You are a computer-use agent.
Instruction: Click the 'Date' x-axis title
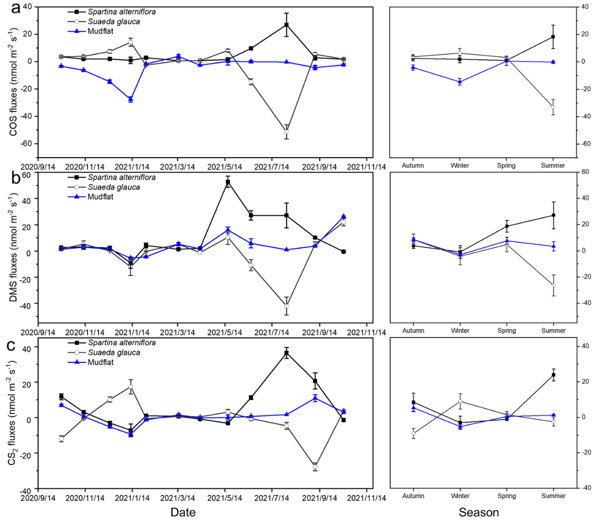pyautogui.click(x=183, y=512)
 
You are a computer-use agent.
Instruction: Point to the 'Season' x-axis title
pyautogui.click(x=479, y=512)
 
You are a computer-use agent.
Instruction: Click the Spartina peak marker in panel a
pyautogui.click(x=286, y=25)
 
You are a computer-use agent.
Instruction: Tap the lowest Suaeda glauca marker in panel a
pyautogui.click(x=286, y=132)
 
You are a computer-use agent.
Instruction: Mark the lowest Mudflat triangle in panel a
pyautogui.click(x=131, y=99)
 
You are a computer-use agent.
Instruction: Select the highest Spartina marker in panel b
pyautogui.click(x=228, y=182)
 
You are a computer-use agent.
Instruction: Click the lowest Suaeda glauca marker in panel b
pyautogui.click(x=286, y=306)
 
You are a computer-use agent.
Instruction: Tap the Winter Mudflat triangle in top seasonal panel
pyautogui.click(x=460, y=82)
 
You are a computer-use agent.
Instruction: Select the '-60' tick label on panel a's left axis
pyautogui.click(x=23, y=144)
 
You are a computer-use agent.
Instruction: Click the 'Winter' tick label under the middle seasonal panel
pyautogui.click(x=460, y=330)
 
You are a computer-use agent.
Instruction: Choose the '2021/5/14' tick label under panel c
pyautogui.click(x=225, y=498)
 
